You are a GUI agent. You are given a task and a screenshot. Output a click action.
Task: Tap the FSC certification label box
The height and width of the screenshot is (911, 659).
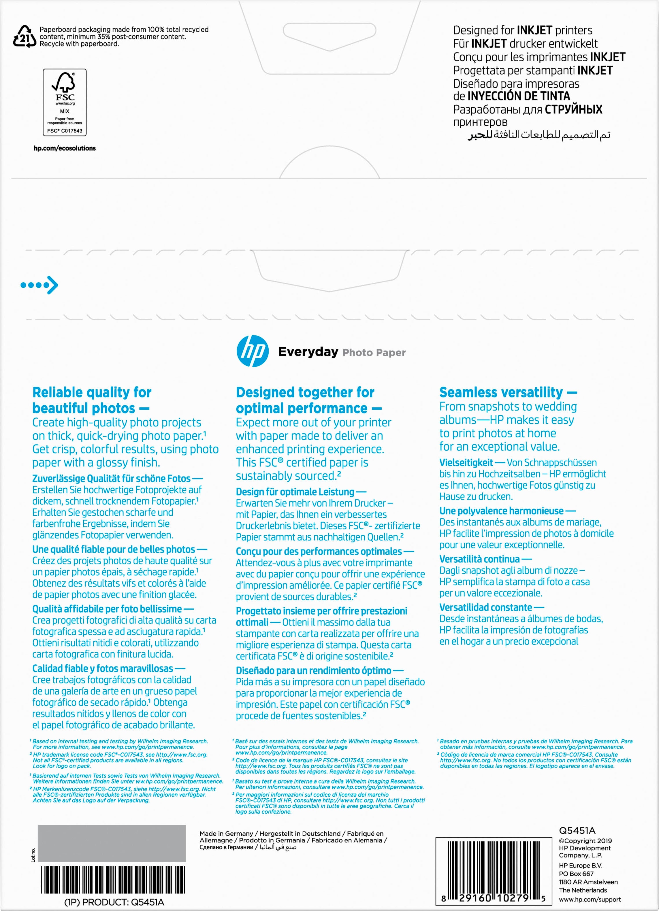(x=65, y=103)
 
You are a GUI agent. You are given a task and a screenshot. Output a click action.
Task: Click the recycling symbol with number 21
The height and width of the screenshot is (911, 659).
(x=24, y=37)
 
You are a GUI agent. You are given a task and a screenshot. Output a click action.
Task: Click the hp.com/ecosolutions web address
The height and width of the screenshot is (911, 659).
(x=65, y=148)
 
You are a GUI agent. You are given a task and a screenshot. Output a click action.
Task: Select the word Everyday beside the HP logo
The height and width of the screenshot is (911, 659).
(x=308, y=352)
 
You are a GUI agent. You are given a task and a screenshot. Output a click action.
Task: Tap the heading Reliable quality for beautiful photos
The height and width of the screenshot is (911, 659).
(x=92, y=400)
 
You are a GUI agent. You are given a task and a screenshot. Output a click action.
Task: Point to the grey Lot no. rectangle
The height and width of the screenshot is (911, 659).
(x=112, y=843)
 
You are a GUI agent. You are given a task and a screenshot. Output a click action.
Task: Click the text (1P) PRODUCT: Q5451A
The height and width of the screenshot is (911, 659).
(x=114, y=902)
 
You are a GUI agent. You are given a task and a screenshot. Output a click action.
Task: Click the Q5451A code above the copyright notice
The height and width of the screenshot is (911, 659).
(x=577, y=831)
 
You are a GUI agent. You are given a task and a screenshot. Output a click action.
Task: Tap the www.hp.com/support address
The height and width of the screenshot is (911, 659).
(x=590, y=900)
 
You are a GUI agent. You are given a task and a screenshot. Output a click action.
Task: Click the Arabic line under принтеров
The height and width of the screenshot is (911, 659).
(x=539, y=135)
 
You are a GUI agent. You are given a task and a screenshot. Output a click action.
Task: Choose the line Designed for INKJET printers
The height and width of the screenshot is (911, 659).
(x=522, y=30)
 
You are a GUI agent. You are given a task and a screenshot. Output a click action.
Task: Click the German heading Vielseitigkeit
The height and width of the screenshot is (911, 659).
(x=466, y=462)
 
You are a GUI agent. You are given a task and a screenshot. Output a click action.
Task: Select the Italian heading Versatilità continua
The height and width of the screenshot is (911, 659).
(x=479, y=559)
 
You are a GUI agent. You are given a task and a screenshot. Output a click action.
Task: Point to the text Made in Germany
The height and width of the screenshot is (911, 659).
(x=226, y=833)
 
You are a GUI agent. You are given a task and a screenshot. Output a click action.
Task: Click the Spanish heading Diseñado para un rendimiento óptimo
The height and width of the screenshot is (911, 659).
(x=313, y=670)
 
